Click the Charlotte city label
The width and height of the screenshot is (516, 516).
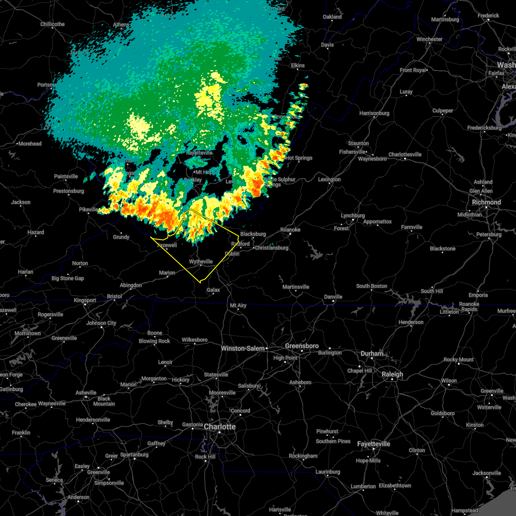pos(220,427)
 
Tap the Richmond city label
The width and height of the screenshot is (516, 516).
pos(486,202)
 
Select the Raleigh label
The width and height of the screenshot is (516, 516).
pos(393,374)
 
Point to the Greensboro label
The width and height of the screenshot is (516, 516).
pos(302,346)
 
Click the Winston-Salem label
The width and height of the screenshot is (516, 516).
pos(243,348)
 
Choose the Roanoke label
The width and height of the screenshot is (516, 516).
pos(290,230)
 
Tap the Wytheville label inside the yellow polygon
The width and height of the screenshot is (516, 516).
pos(201,261)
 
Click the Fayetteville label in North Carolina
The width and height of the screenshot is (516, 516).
pos(374,444)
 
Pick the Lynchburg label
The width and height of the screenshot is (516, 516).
pos(353,215)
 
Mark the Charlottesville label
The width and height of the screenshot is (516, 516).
pos(405,154)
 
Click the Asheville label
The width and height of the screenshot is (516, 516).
pos(86,393)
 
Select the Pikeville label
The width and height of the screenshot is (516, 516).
pos(89,209)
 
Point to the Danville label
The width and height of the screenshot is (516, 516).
pos(333,297)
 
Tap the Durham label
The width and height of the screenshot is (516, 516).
pos(372,353)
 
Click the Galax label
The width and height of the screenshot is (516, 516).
pos(213,290)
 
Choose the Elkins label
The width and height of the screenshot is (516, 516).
pos(298,65)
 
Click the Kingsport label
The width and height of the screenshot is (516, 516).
pos(85,300)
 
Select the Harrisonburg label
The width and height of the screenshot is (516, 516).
pos(374,113)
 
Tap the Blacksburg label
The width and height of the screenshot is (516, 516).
pos(253,234)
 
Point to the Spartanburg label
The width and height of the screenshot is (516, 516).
pos(134,455)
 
